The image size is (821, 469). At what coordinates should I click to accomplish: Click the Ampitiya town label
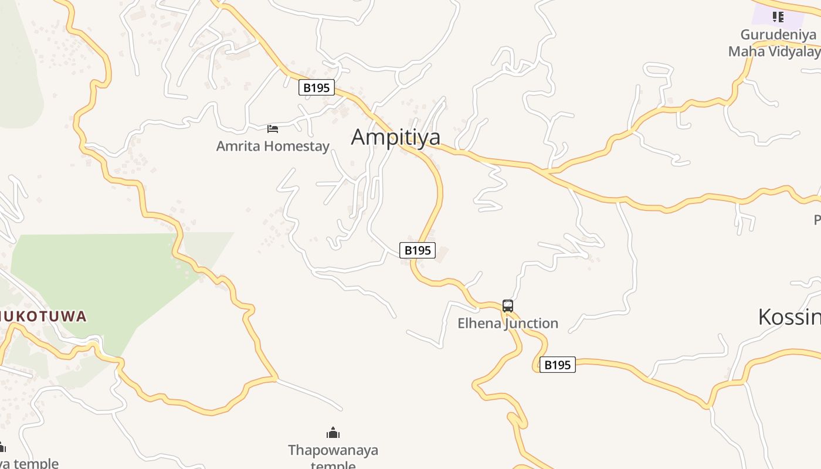point(395,137)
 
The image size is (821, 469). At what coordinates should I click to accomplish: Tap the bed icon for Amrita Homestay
point(273,128)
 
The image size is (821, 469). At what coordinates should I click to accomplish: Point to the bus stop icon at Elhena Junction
point(508,306)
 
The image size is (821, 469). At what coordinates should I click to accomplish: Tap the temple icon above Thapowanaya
point(333,433)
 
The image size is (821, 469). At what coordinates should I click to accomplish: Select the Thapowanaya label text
point(333,450)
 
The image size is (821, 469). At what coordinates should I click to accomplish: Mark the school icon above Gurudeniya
point(778,16)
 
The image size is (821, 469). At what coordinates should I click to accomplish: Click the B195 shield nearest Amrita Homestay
point(316,88)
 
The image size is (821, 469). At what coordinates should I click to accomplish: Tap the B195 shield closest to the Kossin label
point(557,365)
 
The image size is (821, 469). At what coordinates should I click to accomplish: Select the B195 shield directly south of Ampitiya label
point(418,250)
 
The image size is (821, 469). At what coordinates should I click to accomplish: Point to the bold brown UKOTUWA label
point(43,317)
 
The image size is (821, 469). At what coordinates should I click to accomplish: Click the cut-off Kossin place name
point(789,317)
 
